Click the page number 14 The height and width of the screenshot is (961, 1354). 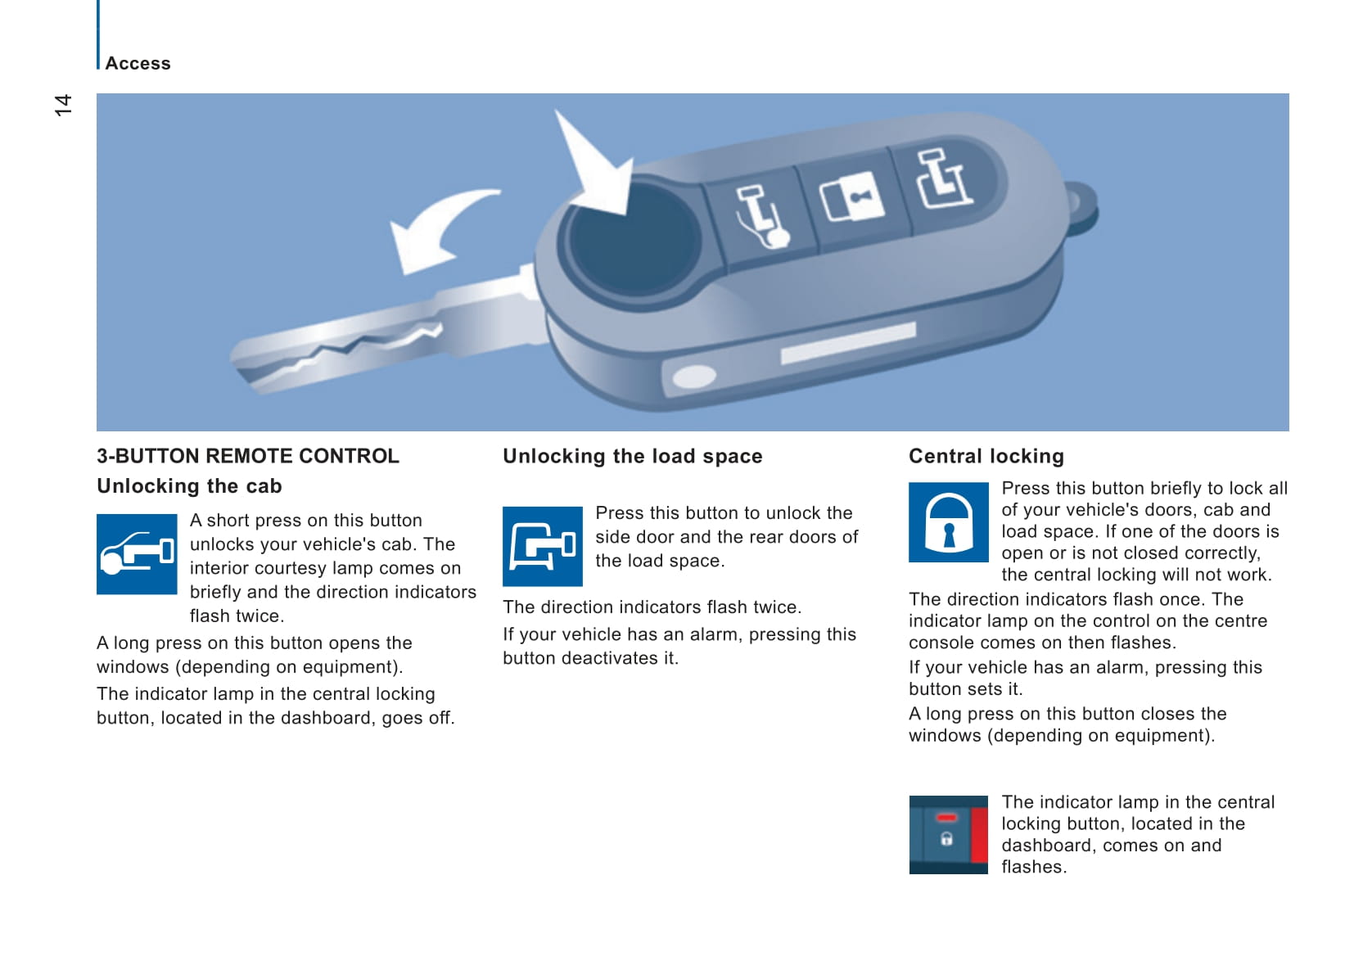point(63,105)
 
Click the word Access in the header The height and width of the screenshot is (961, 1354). point(138,64)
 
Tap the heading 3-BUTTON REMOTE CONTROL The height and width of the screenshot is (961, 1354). point(248,456)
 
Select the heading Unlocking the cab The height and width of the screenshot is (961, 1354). point(189,486)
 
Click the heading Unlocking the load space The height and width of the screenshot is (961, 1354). point(632,456)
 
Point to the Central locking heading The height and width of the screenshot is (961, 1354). point(986,456)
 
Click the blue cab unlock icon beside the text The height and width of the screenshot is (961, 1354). point(137,553)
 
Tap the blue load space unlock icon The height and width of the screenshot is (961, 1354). point(542,546)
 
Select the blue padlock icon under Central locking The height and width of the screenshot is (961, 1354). point(949,522)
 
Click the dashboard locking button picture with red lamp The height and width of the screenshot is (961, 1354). point(949,835)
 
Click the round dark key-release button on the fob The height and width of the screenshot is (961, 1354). point(633,241)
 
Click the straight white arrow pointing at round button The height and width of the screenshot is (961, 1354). point(595,163)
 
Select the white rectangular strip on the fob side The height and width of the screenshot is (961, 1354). point(848,343)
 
